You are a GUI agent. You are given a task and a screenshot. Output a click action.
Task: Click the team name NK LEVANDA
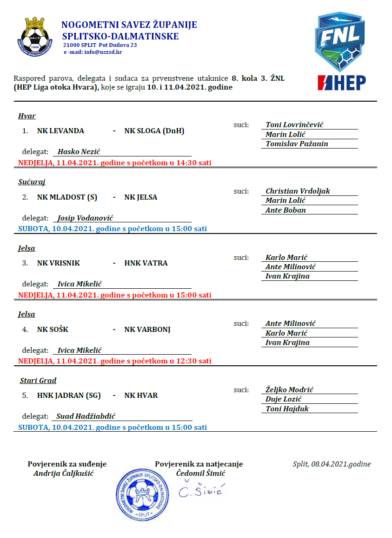[x=60, y=131]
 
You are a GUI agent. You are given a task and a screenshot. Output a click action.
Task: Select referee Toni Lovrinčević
[x=294, y=125]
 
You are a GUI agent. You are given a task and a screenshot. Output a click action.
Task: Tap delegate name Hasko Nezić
[x=79, y=152]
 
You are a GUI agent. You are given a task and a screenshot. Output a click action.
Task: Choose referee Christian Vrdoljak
[x=298, y=191]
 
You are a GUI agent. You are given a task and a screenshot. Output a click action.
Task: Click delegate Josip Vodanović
[x=85, y=218]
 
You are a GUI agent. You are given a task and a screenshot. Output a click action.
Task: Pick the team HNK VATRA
[x=146, y=263]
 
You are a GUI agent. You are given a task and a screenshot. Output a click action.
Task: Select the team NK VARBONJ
[x=147, y=330]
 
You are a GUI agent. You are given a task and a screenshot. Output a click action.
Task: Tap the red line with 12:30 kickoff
[x=115, y=361]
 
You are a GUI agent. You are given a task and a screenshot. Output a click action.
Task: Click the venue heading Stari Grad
[x=38, y=381]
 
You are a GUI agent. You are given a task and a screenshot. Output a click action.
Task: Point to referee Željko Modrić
[x=292, y=390]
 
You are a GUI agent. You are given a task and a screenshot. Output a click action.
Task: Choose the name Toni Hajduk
[x=287, y=409]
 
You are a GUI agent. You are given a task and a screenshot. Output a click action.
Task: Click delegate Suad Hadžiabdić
[x=86, y=417]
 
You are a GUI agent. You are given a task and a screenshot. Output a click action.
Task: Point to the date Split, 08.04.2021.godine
[x=332, y=464]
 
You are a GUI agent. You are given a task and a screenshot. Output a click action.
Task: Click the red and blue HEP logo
[x=341, y=82]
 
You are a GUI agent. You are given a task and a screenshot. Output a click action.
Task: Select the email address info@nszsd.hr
[x=102, y=52]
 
